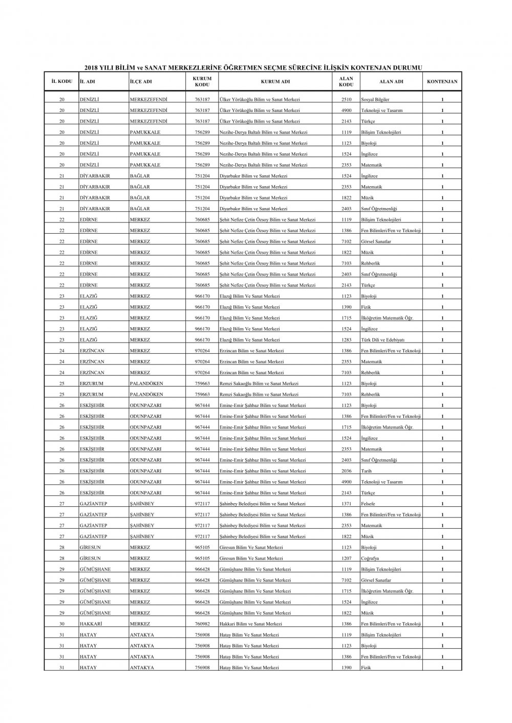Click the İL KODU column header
[61, 82]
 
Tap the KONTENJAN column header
[442, 82]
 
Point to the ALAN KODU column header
[347, 82]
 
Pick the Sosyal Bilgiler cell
[375, 100]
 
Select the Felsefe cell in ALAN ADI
[369, 504]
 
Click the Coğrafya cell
[370, 559]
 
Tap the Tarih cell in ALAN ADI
[367, 471]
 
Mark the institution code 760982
[202, 624]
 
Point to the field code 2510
[347, 100]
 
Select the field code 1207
[347, 559]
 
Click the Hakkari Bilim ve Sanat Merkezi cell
[250, 624]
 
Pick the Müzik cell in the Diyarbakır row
[367, 198]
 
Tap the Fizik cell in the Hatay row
[366, 668]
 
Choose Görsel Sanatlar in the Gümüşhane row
[376, 580]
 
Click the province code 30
[61, 624]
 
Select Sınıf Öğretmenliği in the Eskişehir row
[379, 460]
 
